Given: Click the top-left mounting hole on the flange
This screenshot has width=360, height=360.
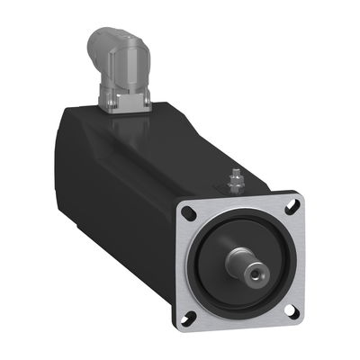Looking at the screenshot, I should pyautogui.click(x=188, y=215).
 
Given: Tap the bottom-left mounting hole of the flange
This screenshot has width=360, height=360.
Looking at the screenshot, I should pyautogui.click(x=191, y=316).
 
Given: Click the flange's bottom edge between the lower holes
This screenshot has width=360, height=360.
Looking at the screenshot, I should pyautogui.click(x=239, y=327).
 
